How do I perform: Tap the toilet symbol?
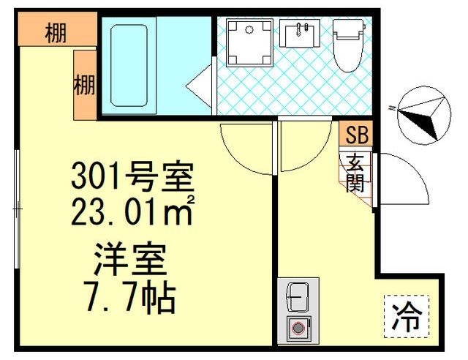(x=347, y=44)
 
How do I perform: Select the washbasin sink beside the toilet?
(x=299, y=34)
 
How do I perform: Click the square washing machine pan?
(x=249, y=42)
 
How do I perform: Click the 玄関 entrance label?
(x=355, y=172)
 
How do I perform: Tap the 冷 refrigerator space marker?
(x=407, y=317)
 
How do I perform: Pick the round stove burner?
(x=297, y=329)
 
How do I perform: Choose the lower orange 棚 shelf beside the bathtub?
(x=85, y=85)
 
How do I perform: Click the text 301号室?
(x=132, y=176)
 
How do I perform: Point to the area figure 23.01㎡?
(x=132, y=211)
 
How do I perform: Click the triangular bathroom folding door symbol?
(x=199, y=91)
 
